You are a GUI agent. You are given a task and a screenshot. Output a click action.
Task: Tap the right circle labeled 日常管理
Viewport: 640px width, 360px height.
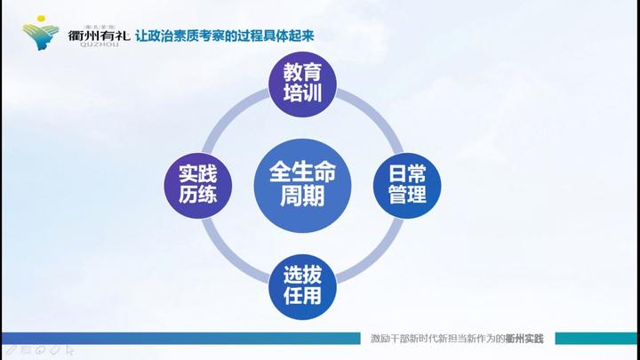[407, 182]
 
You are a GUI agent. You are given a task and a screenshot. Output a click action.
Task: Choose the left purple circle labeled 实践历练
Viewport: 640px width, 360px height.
[197, 182]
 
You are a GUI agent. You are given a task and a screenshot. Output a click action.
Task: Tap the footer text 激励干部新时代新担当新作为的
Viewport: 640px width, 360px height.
[437, 338]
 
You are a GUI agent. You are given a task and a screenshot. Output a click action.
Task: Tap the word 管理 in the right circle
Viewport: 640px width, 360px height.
[407, 195]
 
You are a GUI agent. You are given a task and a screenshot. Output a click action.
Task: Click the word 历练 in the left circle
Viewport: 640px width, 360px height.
[197, 195]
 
